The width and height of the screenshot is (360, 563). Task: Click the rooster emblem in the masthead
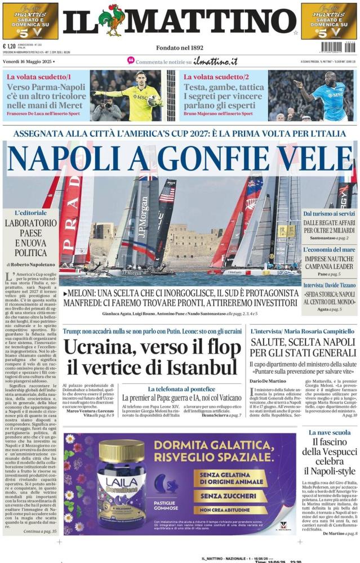click(x=112, y=20)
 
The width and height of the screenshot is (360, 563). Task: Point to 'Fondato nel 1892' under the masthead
click(x=180, y=48)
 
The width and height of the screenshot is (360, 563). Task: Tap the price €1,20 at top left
click(x=9, y=47)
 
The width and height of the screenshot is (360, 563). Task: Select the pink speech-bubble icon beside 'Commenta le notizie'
click(x=131, y=60)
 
